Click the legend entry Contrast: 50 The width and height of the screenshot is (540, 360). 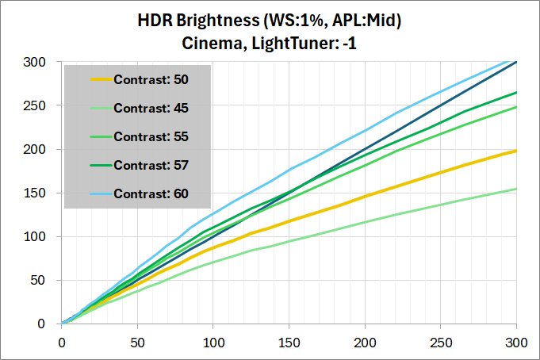151,79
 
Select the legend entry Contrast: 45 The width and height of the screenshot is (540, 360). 151,108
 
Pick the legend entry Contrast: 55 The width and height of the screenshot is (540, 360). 151,136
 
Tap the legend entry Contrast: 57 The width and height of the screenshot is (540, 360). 151,165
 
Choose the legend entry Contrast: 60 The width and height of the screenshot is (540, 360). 151,193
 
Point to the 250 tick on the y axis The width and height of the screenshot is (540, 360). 46,105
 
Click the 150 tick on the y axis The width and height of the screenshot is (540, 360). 46,193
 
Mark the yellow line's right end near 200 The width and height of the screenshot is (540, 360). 515,151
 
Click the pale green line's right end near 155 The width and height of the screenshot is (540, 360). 515,189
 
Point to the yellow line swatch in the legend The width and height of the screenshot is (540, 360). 90,79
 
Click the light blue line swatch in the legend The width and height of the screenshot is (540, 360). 90,193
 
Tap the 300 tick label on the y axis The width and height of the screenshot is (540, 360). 46,62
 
